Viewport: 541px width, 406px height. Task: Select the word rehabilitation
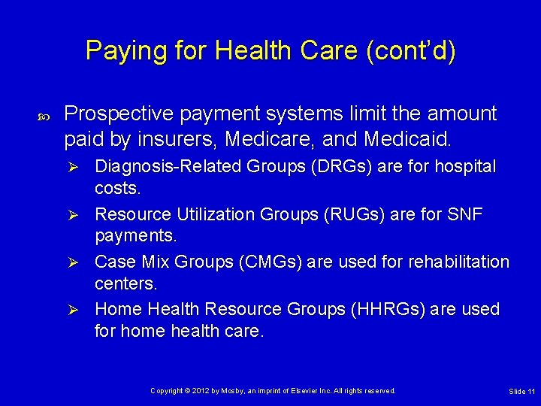coord(458,262)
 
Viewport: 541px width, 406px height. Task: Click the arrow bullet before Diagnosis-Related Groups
coord(73,167)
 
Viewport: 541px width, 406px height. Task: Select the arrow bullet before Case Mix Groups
coord(73,262)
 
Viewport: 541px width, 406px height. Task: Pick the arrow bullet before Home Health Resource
coord(73,310)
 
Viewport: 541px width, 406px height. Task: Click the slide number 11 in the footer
coord(531,392)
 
